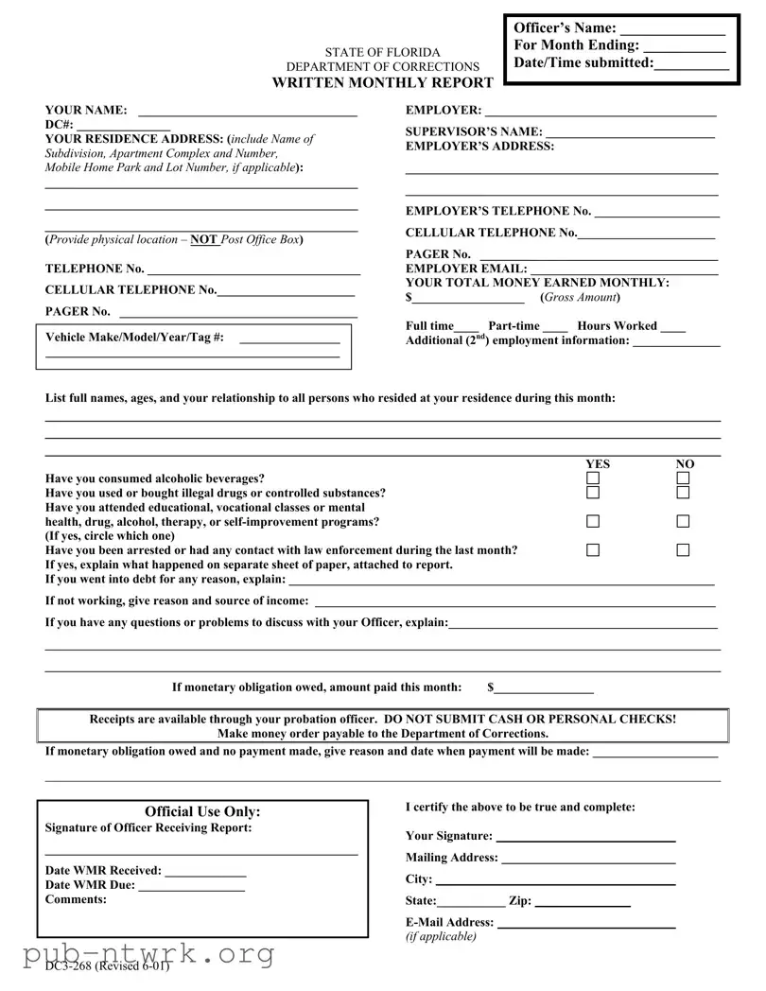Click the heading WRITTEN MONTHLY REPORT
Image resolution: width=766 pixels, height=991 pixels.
[x=382, y=83]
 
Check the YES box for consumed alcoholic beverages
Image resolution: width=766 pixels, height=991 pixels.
[x=593, y=478]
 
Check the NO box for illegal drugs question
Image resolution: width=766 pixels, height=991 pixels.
[x=683, y=493]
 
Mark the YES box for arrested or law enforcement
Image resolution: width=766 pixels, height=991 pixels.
[x=593, y=550]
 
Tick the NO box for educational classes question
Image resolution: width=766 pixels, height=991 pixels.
[x=683, y=521]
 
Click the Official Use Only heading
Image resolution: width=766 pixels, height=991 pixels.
[x=202, y=811]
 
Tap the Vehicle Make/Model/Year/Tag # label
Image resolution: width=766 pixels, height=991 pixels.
[x=135, y=338]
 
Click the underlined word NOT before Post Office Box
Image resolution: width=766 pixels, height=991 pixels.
[x=204, y=240]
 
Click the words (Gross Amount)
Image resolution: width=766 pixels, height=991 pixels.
[x=580, y=298]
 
